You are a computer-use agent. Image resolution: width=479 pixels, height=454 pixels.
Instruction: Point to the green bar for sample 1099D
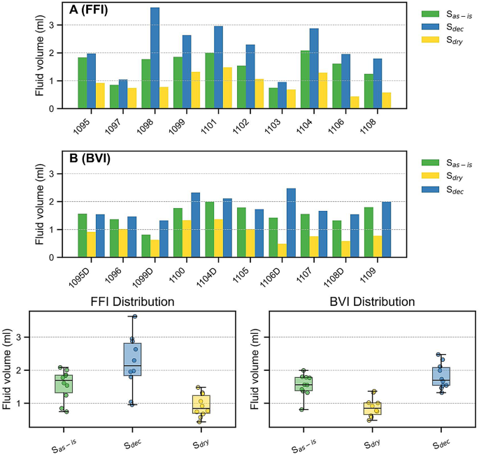tap(145, 246)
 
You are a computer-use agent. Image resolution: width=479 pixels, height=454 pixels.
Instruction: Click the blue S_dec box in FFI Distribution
tap(132, 359)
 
